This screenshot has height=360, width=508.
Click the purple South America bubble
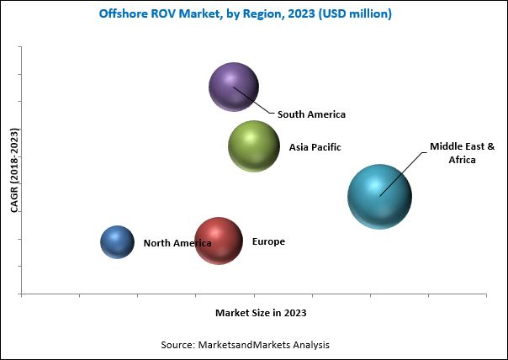(233, 87)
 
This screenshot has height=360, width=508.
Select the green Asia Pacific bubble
(253, 146)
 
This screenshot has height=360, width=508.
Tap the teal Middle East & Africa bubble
(379, 196)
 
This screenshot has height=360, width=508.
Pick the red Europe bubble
(219, 241)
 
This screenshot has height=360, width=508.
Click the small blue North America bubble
(117, 242)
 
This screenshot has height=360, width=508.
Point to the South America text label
(311, 114)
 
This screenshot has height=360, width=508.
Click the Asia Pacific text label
(315, 147)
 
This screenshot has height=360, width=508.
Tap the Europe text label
(268, 242)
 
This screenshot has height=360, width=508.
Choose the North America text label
(177, 243)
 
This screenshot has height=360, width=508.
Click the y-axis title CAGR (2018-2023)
(14, 170)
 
